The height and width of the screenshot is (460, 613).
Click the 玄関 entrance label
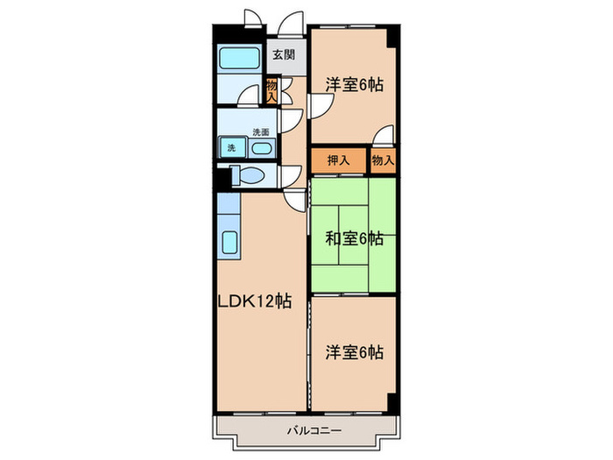[282, 54]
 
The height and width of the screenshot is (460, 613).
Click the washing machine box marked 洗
[231, 146]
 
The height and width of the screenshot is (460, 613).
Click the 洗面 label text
[261, 131]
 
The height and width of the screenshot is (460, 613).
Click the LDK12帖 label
[255, 301]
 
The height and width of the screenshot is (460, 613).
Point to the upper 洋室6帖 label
[354, 85]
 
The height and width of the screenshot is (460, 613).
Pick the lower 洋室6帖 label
[354, 352]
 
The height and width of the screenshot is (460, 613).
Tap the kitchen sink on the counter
[230, 242]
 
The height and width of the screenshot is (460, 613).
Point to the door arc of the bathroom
[251, 92]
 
